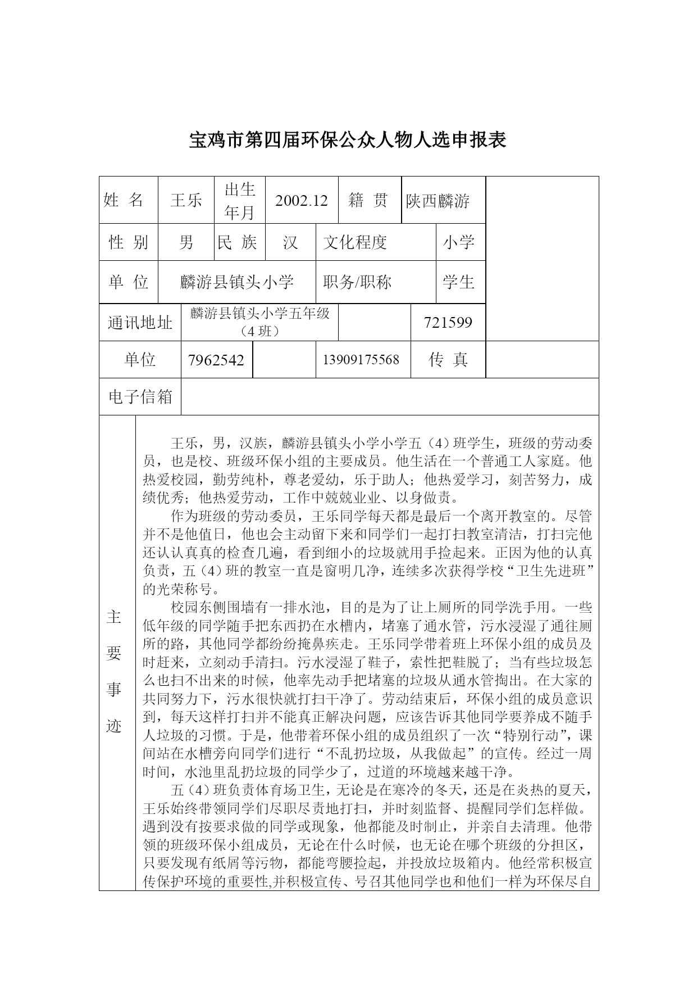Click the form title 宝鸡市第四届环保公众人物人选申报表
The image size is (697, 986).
(x=348, y=139)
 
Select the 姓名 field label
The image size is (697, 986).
(x=124, y=200)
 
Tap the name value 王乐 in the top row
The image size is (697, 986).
(x=186, y=201)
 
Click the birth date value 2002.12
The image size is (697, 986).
(x=301, y=201)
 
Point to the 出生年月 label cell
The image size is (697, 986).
(x=240, y=201)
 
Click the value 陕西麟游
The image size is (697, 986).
(x=438, y=201)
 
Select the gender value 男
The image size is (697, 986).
(x=186, y=242)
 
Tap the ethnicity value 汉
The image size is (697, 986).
(x=290, y=242)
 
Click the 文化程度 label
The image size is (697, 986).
(x=355, y=242)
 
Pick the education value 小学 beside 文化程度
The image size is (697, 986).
(x=458, y=242)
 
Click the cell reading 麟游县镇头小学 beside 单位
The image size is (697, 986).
(x=237, y=282)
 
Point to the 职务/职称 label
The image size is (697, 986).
(x=357, y=282)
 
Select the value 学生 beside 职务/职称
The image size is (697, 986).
(x=458, y=282)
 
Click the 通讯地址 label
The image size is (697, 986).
(x=140, y=322)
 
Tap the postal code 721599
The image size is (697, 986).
(x=448, y=322)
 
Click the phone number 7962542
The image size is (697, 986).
(x=216, y=360)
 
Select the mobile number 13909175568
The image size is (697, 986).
(x=361, y=359)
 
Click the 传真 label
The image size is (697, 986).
(x=448, y=359)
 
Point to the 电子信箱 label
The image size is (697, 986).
(x=140, y=397)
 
